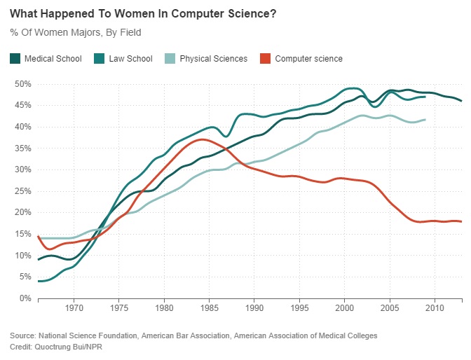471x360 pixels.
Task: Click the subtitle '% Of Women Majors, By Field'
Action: [76, 32]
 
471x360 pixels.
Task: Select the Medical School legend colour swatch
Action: [15, 59]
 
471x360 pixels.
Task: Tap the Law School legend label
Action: [130, 59]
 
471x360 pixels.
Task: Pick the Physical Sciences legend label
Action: [213, 59]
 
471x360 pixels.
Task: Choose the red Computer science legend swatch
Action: [265, 59]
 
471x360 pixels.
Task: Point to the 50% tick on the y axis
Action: [24, 84]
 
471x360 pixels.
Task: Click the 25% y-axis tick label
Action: [24, 191]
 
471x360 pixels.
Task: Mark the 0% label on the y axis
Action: [26, 298]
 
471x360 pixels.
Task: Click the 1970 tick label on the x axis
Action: [74, 307]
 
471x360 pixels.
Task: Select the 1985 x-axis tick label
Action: [209, 307]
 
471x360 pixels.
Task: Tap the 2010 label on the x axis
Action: [435, 307]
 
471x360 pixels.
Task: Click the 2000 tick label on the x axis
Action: [344, 307]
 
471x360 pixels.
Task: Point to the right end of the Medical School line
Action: [461, 102]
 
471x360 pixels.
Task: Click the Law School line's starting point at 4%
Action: [39, 281]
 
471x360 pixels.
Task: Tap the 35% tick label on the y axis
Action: [24, 148]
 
